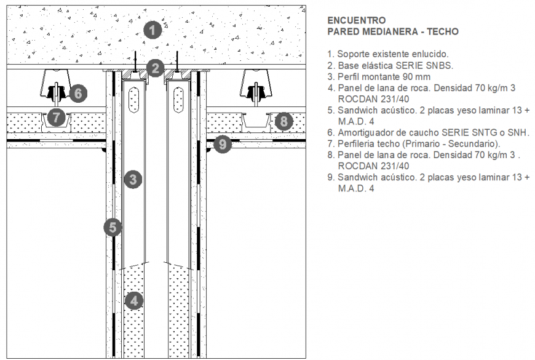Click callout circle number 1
click(x=153, y=29)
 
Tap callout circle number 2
click(x=156, y=68)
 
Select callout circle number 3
click(x=132, y=179)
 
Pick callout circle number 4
click(x=133, y=301)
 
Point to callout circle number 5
click(x=111, y=227)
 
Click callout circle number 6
click(x=77, y=94)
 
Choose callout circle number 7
click(x=56, y=117)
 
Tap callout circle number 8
click(x=282, y=121)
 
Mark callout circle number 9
click(x=223, y=144)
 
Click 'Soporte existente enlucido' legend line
click(x=388, y=55)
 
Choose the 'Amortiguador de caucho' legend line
click(x=428, y=132)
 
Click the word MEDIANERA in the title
click(x=386, y=31)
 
